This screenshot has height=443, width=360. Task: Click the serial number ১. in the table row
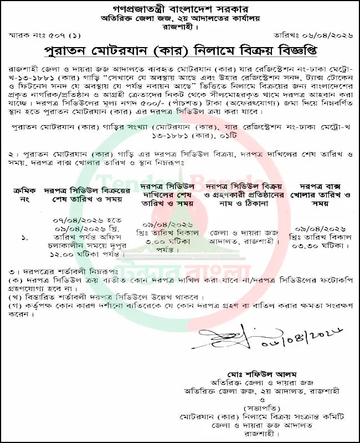coord(24,238)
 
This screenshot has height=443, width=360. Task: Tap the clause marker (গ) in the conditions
coord(16,305)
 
